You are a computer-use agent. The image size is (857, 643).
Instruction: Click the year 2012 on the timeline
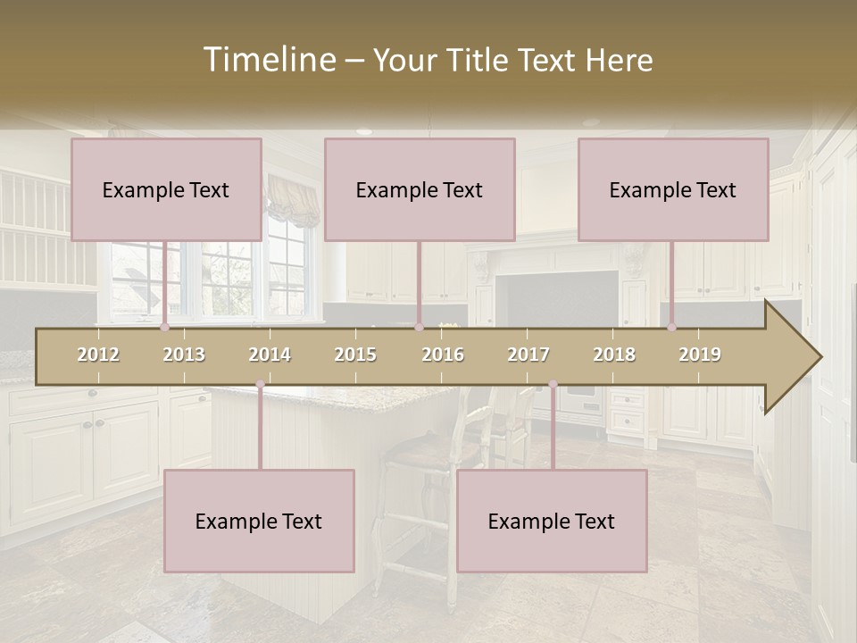tap(98, 355)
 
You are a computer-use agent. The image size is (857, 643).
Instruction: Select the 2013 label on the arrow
tap(184, 355)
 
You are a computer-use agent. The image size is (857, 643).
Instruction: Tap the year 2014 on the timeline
tap(270, 355)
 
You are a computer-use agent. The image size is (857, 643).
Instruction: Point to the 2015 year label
tap(355, 355)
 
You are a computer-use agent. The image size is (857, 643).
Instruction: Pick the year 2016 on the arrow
tap(443, 355)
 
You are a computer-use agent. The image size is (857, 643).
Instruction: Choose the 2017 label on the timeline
tap(528, 355)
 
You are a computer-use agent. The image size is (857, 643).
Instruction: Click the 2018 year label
tap(614, 355)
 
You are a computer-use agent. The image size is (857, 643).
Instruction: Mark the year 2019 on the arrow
tap(700, 355)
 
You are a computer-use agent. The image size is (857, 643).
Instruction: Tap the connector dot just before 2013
tap(164, 328)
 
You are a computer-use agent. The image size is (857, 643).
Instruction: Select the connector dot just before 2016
tap(419, 328)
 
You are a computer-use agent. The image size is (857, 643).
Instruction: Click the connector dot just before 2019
tap(672, 328)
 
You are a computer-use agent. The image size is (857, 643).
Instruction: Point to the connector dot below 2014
tap(260, 385)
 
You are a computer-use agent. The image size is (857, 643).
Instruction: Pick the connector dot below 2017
tap(553, 385)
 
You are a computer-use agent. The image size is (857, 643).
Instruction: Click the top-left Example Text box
tap(166, 189)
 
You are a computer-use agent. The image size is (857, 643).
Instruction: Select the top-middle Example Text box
tap(420, 189)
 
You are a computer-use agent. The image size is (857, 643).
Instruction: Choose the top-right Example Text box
tap(673, 189)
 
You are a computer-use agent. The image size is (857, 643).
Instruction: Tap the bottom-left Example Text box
tap(259, 521)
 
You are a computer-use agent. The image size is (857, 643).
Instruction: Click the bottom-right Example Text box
tap(552, 521)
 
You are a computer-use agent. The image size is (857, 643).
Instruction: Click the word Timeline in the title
tap(268, 60)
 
